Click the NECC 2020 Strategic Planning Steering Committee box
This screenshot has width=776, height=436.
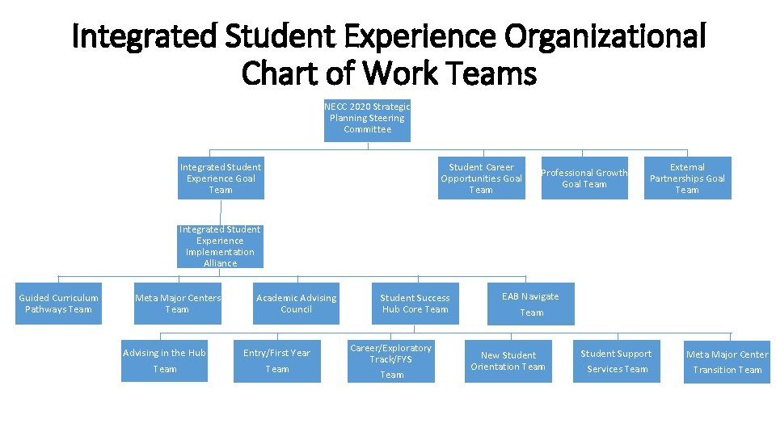(x=367, y=119)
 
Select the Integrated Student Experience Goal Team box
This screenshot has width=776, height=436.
(x=220, y=178)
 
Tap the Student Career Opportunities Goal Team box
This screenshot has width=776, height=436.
(x=481, y=178)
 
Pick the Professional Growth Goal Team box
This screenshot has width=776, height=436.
(x=584, y=178)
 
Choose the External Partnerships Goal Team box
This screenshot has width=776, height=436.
(x=687, y=178)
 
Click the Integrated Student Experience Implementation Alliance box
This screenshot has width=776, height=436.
(x=220, y=246)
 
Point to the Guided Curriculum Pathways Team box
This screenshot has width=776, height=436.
(x=58, y=303)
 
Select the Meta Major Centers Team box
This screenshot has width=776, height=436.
(x=177, y=303)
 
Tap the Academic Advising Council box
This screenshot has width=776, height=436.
(x=296, y=303)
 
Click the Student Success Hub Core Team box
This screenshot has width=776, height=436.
(x=415, y=303)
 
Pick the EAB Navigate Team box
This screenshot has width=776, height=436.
(x=530, y=303)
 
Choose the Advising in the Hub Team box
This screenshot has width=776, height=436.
(x=164, y=360)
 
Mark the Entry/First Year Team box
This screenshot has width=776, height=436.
(x=277, y=360)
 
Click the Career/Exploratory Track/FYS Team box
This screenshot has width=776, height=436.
(x=391, y=360)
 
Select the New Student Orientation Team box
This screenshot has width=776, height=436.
(x=508, y=360)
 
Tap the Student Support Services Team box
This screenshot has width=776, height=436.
(x=617, y=360)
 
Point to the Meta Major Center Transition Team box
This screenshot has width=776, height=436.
(x=727, y=360)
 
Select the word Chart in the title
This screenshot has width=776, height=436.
(x=281, y=73)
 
